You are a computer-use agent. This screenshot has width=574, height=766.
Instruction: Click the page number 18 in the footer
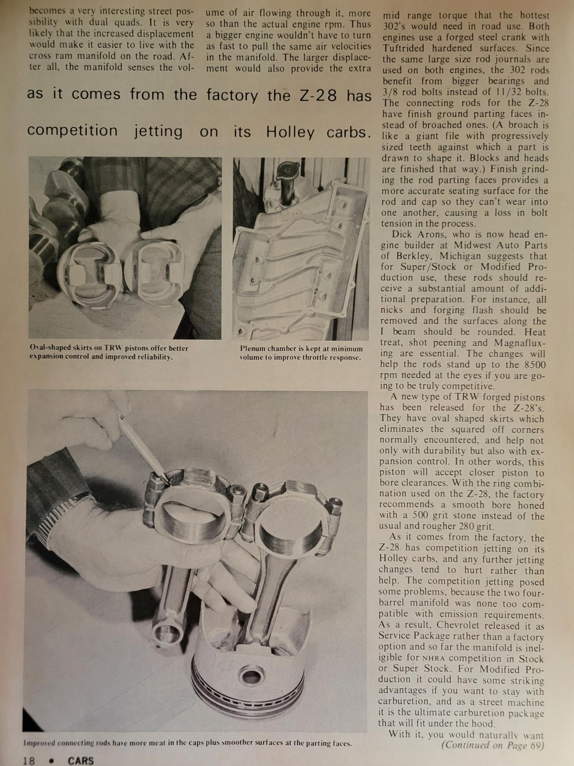[29, 760]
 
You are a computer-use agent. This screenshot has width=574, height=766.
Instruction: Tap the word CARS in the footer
[81, 760]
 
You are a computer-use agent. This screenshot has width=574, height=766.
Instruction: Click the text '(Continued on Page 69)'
[492, 745]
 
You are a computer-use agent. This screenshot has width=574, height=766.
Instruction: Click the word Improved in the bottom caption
[39, 743]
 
